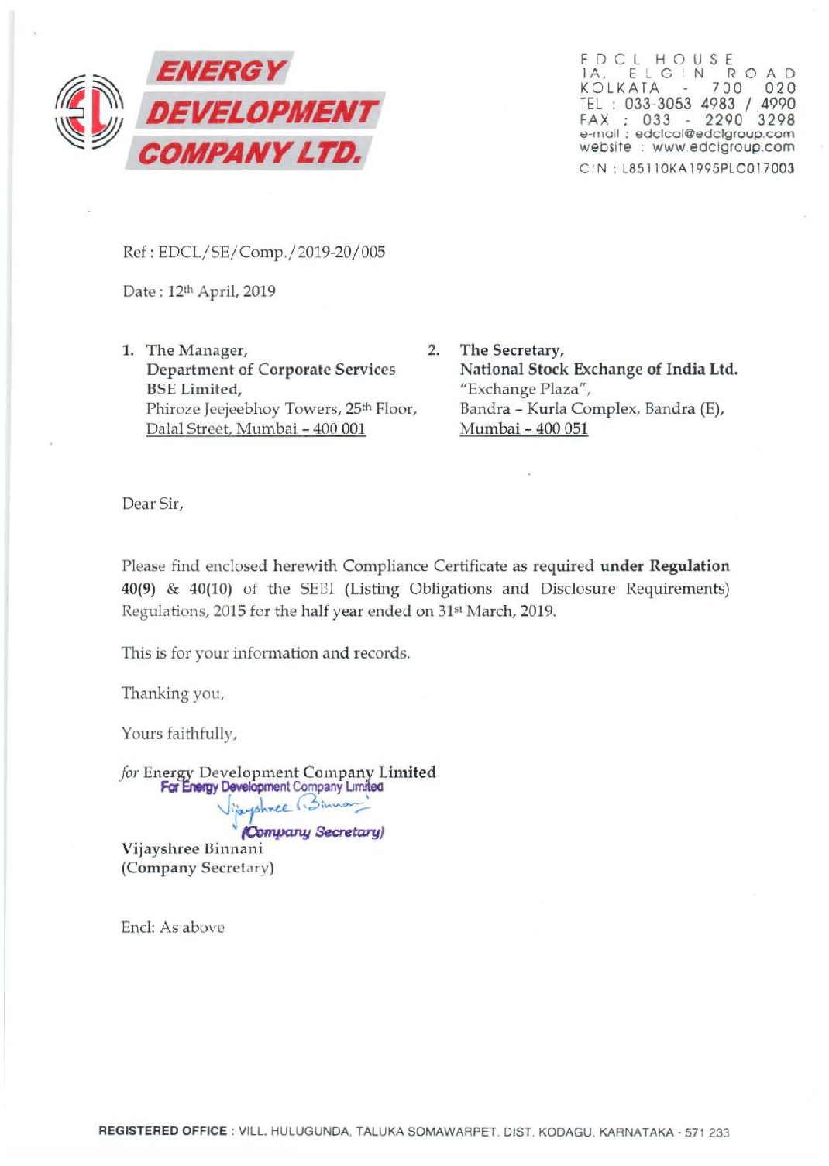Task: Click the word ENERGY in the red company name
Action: point(220,71)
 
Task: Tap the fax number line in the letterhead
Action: point(686,119)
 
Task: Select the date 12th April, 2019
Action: point(222,292)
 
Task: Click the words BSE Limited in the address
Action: point(194,389)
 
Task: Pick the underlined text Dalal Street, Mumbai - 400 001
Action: point(256,428)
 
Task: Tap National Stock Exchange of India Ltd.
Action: point(598,370)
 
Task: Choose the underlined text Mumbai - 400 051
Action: point(524,428)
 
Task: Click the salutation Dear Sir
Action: point(153,504)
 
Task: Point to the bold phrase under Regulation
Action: point(665,566)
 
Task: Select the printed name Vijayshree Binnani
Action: point(191,848)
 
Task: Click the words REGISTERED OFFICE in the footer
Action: point(163,1132)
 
